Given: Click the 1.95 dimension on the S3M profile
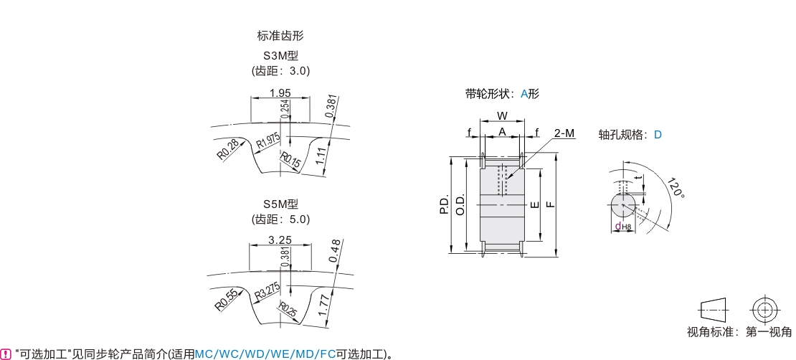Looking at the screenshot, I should (280, 93).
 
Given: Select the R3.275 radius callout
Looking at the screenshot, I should (267, 293).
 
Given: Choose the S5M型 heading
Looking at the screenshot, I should (280, 205).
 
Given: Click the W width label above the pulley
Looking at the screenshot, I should (502, 115).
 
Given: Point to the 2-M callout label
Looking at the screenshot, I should (564, 133).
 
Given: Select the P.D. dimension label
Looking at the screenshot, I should (445, 204).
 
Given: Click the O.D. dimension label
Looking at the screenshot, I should (461, 204).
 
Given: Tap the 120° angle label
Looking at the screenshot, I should (674, 188).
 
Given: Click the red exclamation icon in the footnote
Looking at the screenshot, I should (7, 354).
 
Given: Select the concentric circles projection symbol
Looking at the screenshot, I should (764, 311).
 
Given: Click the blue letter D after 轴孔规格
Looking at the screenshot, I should (658, 135).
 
